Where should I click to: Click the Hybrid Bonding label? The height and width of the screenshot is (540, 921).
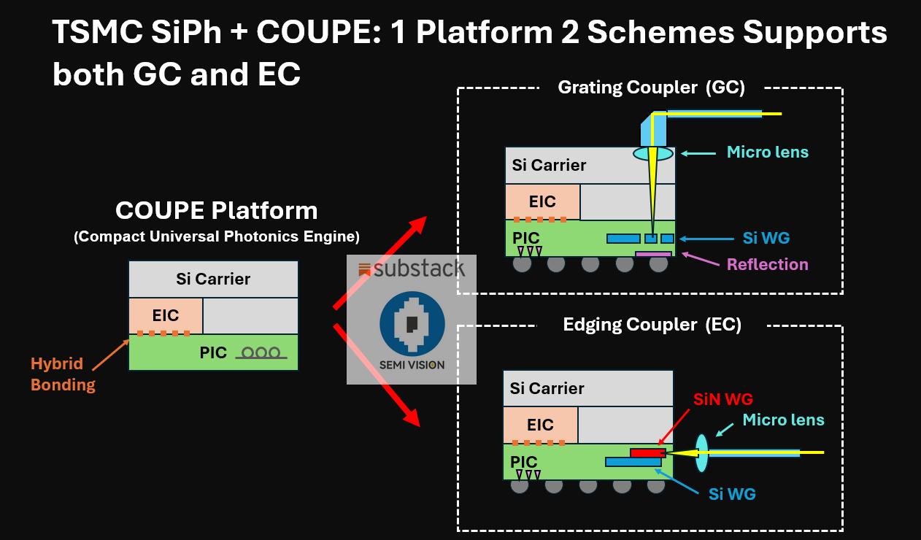[63, 374]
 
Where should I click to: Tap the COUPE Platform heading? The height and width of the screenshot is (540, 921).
[216, 211]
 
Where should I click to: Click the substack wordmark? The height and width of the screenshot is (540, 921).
[411, 269]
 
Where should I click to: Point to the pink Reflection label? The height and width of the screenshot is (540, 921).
[767, 264]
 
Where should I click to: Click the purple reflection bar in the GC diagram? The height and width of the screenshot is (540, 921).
[653, 255]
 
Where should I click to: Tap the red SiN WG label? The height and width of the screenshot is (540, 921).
[723, 399]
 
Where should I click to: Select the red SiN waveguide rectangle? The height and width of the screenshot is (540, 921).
[648, 453]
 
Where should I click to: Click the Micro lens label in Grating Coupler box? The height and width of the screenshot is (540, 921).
[767, 153]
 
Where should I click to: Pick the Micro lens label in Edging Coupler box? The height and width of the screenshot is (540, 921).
[783, 420]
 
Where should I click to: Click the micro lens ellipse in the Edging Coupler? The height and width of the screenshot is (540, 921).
[701, 453]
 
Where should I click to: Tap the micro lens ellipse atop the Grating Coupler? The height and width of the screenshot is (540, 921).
[653, 154]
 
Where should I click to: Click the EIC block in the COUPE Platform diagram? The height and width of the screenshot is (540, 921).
[166, 315]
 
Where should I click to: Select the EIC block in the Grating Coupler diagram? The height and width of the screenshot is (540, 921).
[542, 201]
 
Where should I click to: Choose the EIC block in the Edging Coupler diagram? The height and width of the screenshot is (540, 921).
[540, 425]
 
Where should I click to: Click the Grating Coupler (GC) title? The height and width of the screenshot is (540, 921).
[651, 88]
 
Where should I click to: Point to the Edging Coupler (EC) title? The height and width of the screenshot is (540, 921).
[652, 325]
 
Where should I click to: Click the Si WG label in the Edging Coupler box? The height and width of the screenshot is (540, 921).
[732, 494]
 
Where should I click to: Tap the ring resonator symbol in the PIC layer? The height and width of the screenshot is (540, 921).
[261, 353]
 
